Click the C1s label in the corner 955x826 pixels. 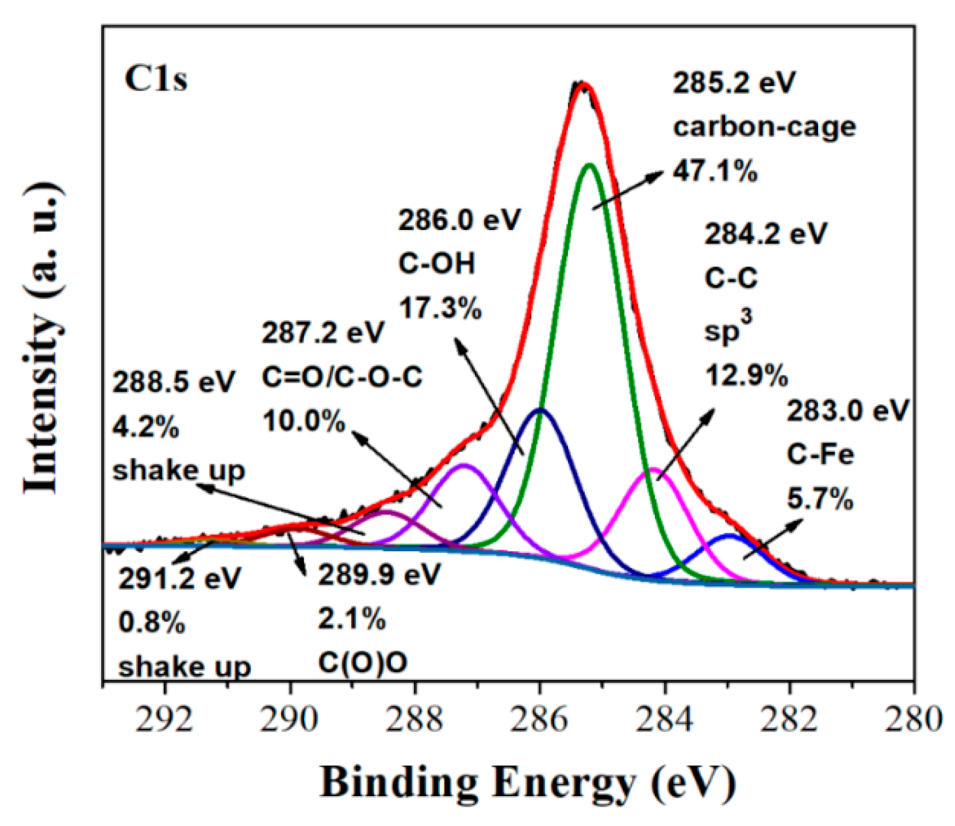[156, 79]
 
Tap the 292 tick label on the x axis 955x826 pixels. [164, 719]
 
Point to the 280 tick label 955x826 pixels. [913, 719]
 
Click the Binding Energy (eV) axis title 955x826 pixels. [527, 782]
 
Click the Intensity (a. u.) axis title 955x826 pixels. [43, 339]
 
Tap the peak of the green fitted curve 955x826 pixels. [589, 165]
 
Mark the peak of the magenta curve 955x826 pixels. [654, 470]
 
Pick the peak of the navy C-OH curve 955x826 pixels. [539, 409]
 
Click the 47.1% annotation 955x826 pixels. [715, 171]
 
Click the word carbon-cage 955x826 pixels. [764, 126]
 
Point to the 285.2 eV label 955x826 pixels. [734, 83]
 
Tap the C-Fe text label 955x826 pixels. [820, 455]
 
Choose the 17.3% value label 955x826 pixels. [440, 309]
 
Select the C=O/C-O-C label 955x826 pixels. [342, 378]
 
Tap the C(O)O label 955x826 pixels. [363, 663]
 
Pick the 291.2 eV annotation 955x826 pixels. [179, 579]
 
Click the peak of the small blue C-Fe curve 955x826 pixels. [729, 535]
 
